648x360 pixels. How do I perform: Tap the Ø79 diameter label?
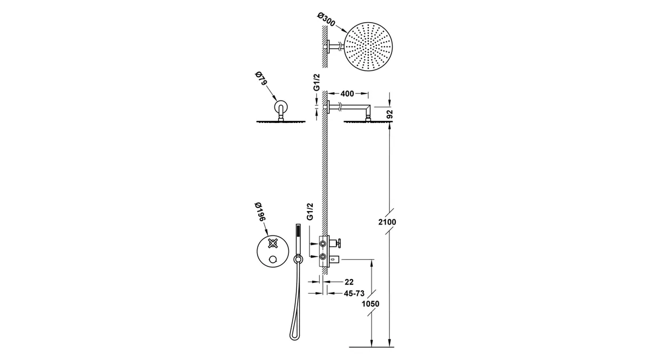coord(261,79)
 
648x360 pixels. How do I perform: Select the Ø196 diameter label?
coord(261,212)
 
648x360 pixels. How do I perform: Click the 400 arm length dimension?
coord(347,94)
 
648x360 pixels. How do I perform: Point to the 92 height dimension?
coord(390,114)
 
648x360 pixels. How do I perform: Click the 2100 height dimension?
coord(387,222)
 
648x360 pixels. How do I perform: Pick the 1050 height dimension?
coord(370,304)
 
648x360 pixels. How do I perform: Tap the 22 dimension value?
coord(349,282)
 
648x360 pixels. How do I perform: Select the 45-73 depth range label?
coord(354,294)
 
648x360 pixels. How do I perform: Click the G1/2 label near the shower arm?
coord(317,82)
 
